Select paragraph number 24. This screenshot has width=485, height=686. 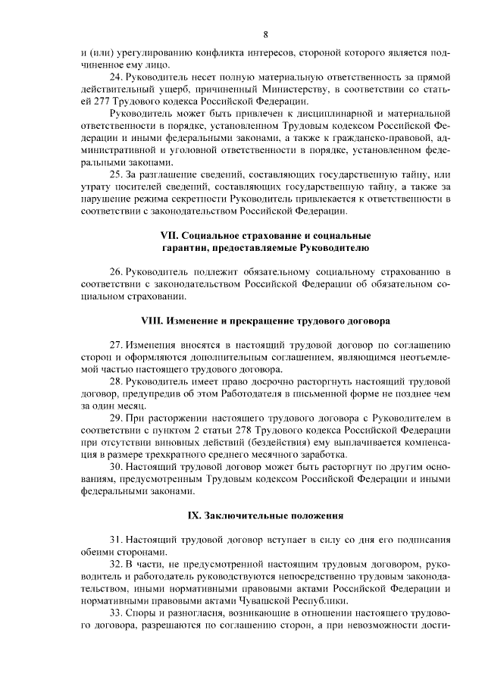tap(117, 78)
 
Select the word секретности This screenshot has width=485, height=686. tap(177, 199)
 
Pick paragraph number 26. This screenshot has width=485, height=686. tap(117, 271)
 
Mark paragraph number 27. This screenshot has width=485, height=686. tap(117, 342)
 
